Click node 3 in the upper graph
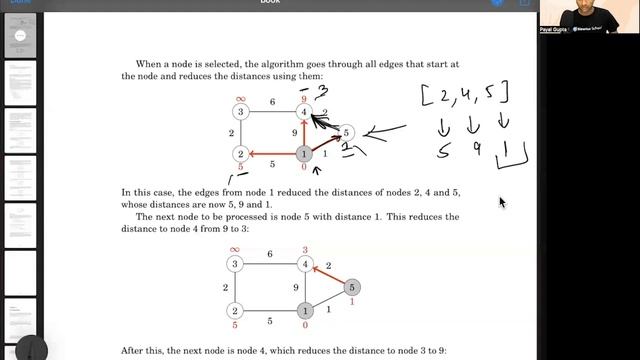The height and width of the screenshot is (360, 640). pyautogui.click(x=240, y=112)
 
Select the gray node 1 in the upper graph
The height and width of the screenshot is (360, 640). pyautogui.click(x=305, y=154)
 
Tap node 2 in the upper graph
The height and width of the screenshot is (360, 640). pyautogui.click(x=240, y=154)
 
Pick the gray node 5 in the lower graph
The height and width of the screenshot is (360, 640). pyautogui.click(x=351, y=288)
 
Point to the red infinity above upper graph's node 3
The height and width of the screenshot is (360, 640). pyautogui.click(x=240, y=98)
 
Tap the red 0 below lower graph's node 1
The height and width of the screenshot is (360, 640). pyautogui.click(x=305, y=326)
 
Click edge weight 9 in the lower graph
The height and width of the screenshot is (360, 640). pyautogui.click(x=293, y=288)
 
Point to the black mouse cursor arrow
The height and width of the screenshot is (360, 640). pyautogui.click(x=502, y=202)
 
